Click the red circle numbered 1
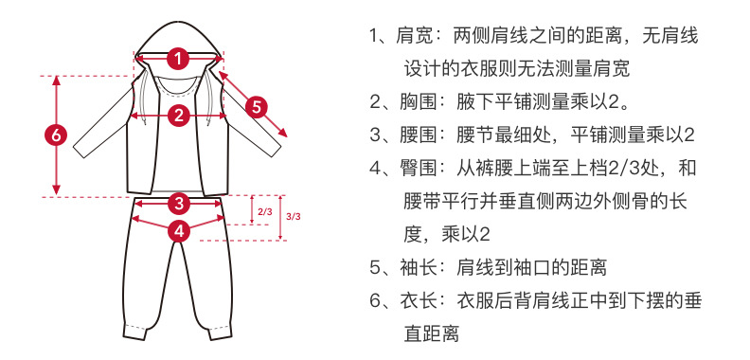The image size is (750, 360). tap(178, 58)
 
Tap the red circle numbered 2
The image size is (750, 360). tap(178, 116)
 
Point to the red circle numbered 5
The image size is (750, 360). tap(257, 105)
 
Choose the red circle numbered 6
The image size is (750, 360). tap(56, 135)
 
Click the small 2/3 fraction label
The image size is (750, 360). tap(264, 211)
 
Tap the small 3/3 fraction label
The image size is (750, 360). tap(293, 217)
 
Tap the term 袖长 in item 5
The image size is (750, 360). tap(418, 268)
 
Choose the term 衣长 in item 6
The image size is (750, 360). tap(418, 301)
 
